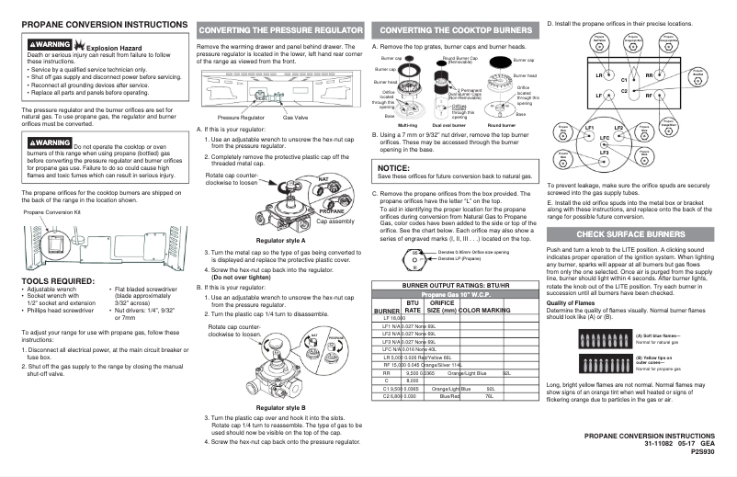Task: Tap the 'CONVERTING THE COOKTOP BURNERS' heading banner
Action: (453, 30)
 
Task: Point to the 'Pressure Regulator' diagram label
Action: (241, 118)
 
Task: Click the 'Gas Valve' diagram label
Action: (295, 118)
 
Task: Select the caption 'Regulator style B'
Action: (281, 406)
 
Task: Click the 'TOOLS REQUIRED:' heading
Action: (56, 280)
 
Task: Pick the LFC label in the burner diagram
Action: (604, 137)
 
